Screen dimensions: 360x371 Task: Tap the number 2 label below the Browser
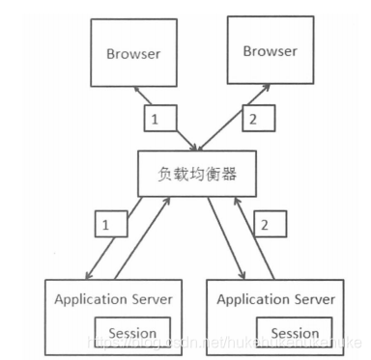tap(254, 121)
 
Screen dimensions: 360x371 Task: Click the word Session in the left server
tap(132, 333)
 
